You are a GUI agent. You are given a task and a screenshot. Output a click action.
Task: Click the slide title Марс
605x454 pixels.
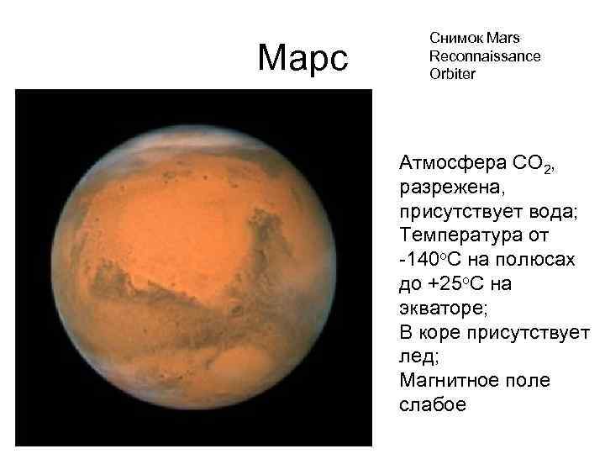(302, 58)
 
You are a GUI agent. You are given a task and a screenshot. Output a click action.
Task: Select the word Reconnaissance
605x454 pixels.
(485, 55)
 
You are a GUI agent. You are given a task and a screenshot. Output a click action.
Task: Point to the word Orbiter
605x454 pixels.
(452, 74)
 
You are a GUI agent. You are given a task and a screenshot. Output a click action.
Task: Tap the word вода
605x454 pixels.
(552, 210)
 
